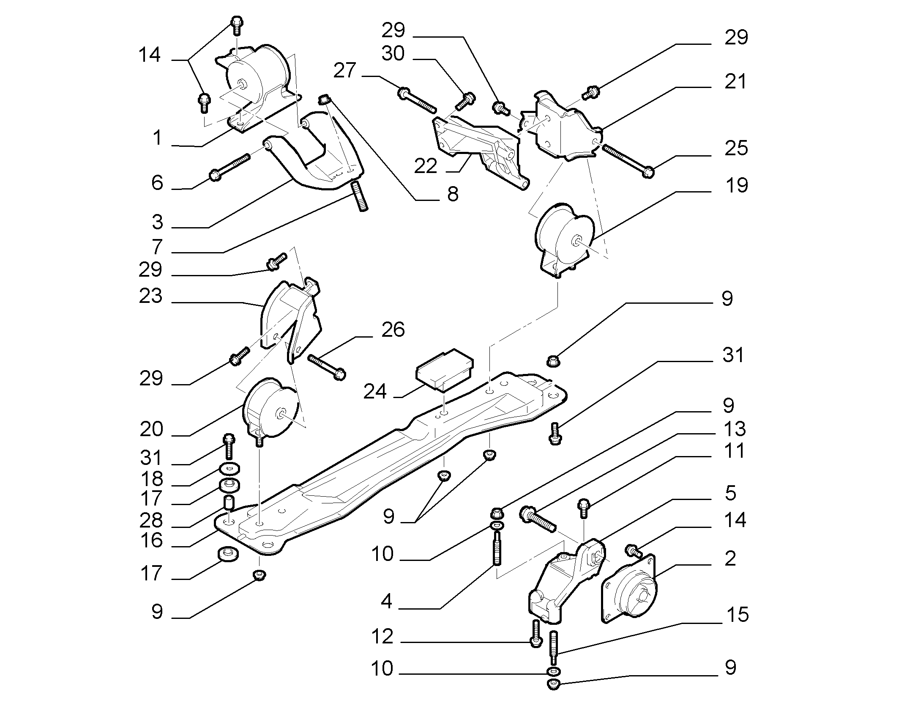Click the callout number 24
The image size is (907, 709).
375,391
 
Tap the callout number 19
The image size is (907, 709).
736,185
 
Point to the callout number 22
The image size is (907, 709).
425,167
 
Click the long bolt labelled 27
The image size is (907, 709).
417,101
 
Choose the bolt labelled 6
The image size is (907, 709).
230,168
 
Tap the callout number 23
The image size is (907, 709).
150,296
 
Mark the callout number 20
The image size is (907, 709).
151,429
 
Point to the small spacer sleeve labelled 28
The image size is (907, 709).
229,503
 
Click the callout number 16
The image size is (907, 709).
151,540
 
